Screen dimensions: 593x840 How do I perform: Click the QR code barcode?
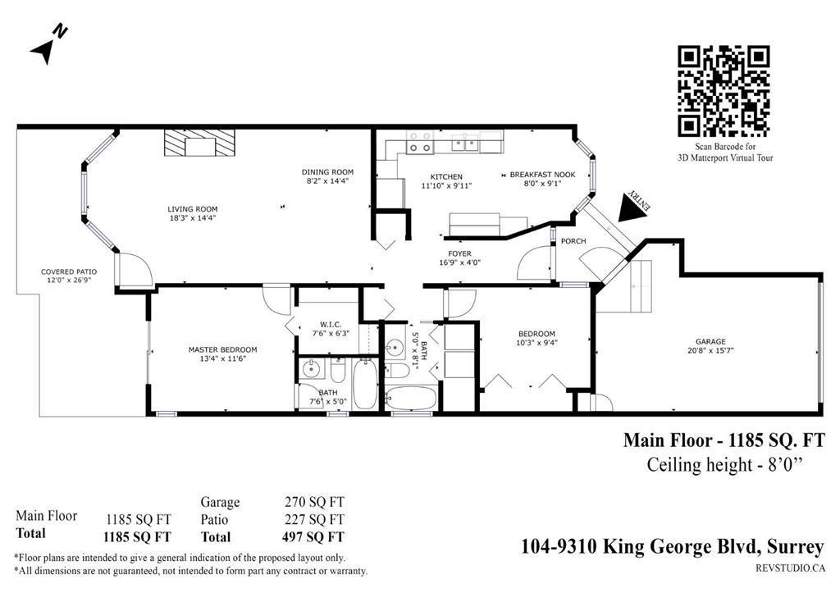pyautogui.click(x=724, y=91)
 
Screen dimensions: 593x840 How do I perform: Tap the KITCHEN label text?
pyautogui.click(x=446, y=176)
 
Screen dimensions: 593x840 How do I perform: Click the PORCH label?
pyautogui.click(x=573, y=241)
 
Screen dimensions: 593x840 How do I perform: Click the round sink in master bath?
pyautogui.click(x=311, y=370)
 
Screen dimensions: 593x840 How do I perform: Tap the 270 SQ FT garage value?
pyautogui.click(x=314, y=502)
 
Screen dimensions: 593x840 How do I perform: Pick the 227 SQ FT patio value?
pyautogui.click(x=314, y=520)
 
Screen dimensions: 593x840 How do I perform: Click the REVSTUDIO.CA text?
pyautogui.click(x=789, y=567)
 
